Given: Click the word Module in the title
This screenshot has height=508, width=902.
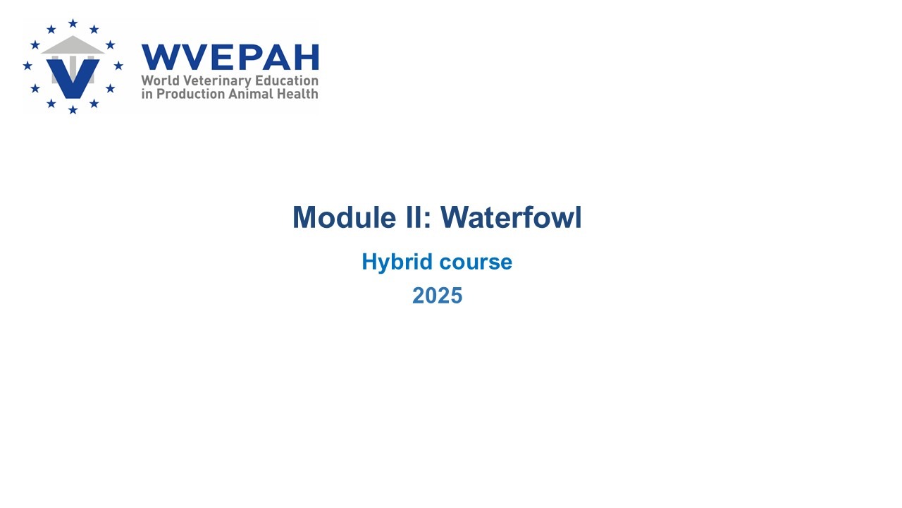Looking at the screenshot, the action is coord(344,217).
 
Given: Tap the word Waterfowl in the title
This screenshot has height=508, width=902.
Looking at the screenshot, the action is coord(511,217).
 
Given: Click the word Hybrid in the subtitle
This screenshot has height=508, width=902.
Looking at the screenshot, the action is coord(397,262).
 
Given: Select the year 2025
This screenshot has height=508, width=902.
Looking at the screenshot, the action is coord(438,296).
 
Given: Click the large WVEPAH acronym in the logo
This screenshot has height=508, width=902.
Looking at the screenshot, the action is coord(230,57).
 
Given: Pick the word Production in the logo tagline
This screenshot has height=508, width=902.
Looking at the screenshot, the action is coord(190,94).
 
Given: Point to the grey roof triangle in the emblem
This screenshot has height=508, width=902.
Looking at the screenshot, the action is coord(73,45).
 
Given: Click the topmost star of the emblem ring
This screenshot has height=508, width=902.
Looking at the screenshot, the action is coord(73,23).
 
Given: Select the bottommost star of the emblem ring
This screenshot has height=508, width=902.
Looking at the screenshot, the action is coord(73,109).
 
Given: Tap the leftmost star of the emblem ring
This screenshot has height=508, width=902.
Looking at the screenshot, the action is coord(27,66).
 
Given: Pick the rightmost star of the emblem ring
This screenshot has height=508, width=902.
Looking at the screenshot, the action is coord(118,66).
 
